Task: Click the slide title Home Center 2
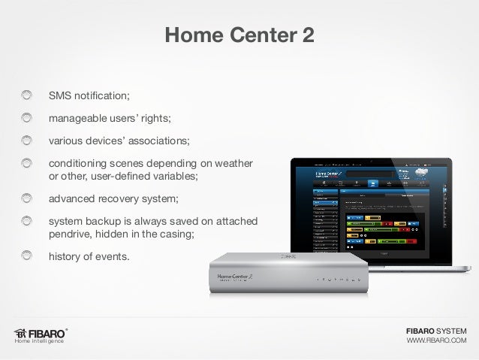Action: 239,35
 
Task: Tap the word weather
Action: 233,163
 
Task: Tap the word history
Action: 66,257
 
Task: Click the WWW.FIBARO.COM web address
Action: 436,342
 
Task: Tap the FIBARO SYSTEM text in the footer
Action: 436,331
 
